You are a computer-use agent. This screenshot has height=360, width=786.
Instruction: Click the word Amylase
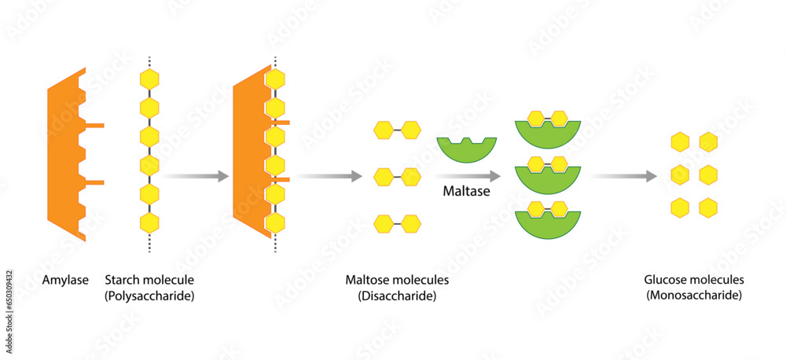[63, 280]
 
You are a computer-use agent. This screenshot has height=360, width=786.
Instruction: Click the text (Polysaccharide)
[149, 296]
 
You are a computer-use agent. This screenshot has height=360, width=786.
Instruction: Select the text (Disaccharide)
[397, 296]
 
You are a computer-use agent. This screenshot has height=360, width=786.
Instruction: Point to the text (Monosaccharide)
[694, 296]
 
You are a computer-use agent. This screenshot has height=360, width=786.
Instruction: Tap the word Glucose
[665, 280]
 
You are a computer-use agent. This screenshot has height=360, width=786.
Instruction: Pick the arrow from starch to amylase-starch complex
[196, 176]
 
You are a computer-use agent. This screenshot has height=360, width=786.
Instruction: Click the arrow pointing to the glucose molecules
[625, 176]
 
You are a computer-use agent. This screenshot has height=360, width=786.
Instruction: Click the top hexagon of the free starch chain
[149, 79]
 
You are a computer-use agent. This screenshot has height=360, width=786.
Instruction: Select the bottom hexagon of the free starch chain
[149, 222]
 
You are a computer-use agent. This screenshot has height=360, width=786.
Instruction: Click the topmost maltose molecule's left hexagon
[383, 130]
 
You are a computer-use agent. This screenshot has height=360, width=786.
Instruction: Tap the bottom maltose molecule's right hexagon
[411, 224]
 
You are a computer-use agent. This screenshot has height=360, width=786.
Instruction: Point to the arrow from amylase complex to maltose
[330, 176]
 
